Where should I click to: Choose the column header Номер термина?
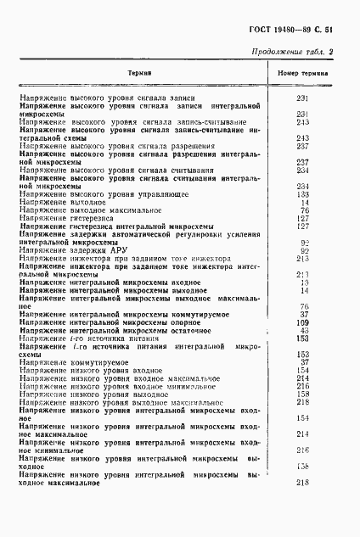pos(305,73)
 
